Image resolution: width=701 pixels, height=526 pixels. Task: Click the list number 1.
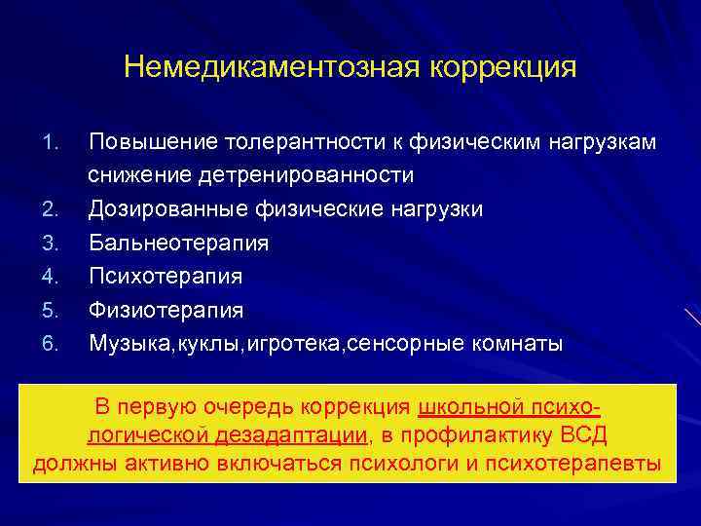tap(53, 143)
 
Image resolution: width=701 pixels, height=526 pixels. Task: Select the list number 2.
tap(53, 209)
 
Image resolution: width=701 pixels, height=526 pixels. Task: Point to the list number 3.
tap(53, 243)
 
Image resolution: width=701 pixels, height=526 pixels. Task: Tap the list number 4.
tap(53, 277)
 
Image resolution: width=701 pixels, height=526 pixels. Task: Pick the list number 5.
tap(53, 310)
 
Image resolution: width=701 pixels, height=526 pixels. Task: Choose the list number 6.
tap(53, 343)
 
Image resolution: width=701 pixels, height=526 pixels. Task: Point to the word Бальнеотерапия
tap(178, 243)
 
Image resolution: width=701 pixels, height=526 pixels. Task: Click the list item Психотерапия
tap(166, 276)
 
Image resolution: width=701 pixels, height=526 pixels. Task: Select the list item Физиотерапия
tap(166, 309)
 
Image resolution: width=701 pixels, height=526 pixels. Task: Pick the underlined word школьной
tap(466, 406)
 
